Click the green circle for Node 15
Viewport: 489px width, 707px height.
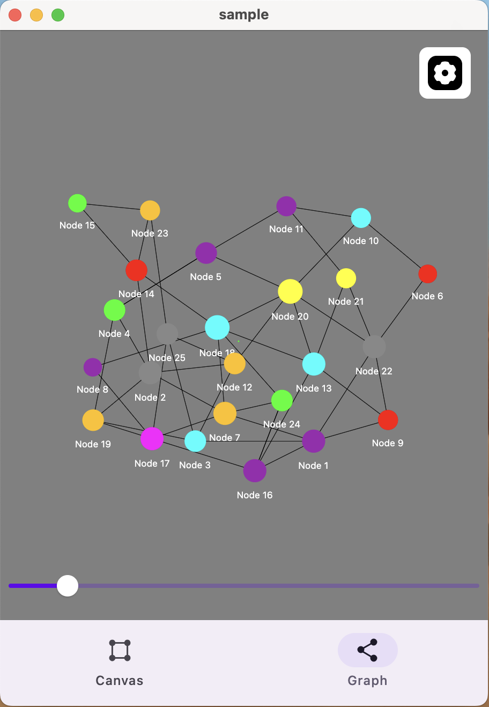pyautogui.click(x=78, y=203)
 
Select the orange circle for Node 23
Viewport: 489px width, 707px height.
pyautogui.click(x=150, y=210)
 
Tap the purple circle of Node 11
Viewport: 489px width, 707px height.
pyautogui.click(x=286, y=206)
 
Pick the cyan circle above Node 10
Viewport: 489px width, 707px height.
pyautogui.click(x=361, y=218)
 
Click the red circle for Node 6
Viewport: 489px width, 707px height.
pyautogui.click(x=427, y=274)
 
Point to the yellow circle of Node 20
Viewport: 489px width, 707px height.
pyautogui.click(x=290, y=291)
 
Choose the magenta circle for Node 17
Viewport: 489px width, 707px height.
pyautogui.click(x=152, y=439)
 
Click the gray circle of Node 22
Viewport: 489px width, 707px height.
pyautogui.click(x=374, y=347)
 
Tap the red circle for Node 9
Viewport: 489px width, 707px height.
pyautogui.click(x=388, y=420)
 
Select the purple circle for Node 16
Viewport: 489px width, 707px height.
pyautogui.click(x=255, y=470)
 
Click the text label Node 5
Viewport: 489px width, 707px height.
pyautogui.click(x=205, y=277)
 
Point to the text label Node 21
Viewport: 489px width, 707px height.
pyautogui.click(x=346, y=301)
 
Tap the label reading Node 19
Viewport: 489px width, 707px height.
pyautogui.click(x=93, y=444)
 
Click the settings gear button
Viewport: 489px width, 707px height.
pyautogui.click(x=444, y=73)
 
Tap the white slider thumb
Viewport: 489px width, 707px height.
pyautogui.click(x=68, y=586)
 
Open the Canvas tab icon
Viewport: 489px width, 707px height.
pyautogui.click(x=120, y=650)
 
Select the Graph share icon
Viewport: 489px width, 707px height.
pyautogui.click(x=367, y=650)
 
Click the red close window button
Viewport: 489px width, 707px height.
pyautogui.click(x=15, y=15)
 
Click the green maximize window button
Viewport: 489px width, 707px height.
pyautogui.click(x=58, y=15)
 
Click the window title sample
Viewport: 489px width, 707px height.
pyautogui.click(x=244, y=14)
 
